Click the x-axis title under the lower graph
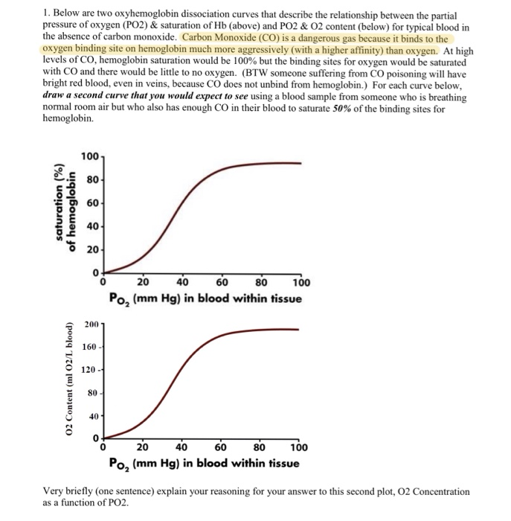pos(202,464)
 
